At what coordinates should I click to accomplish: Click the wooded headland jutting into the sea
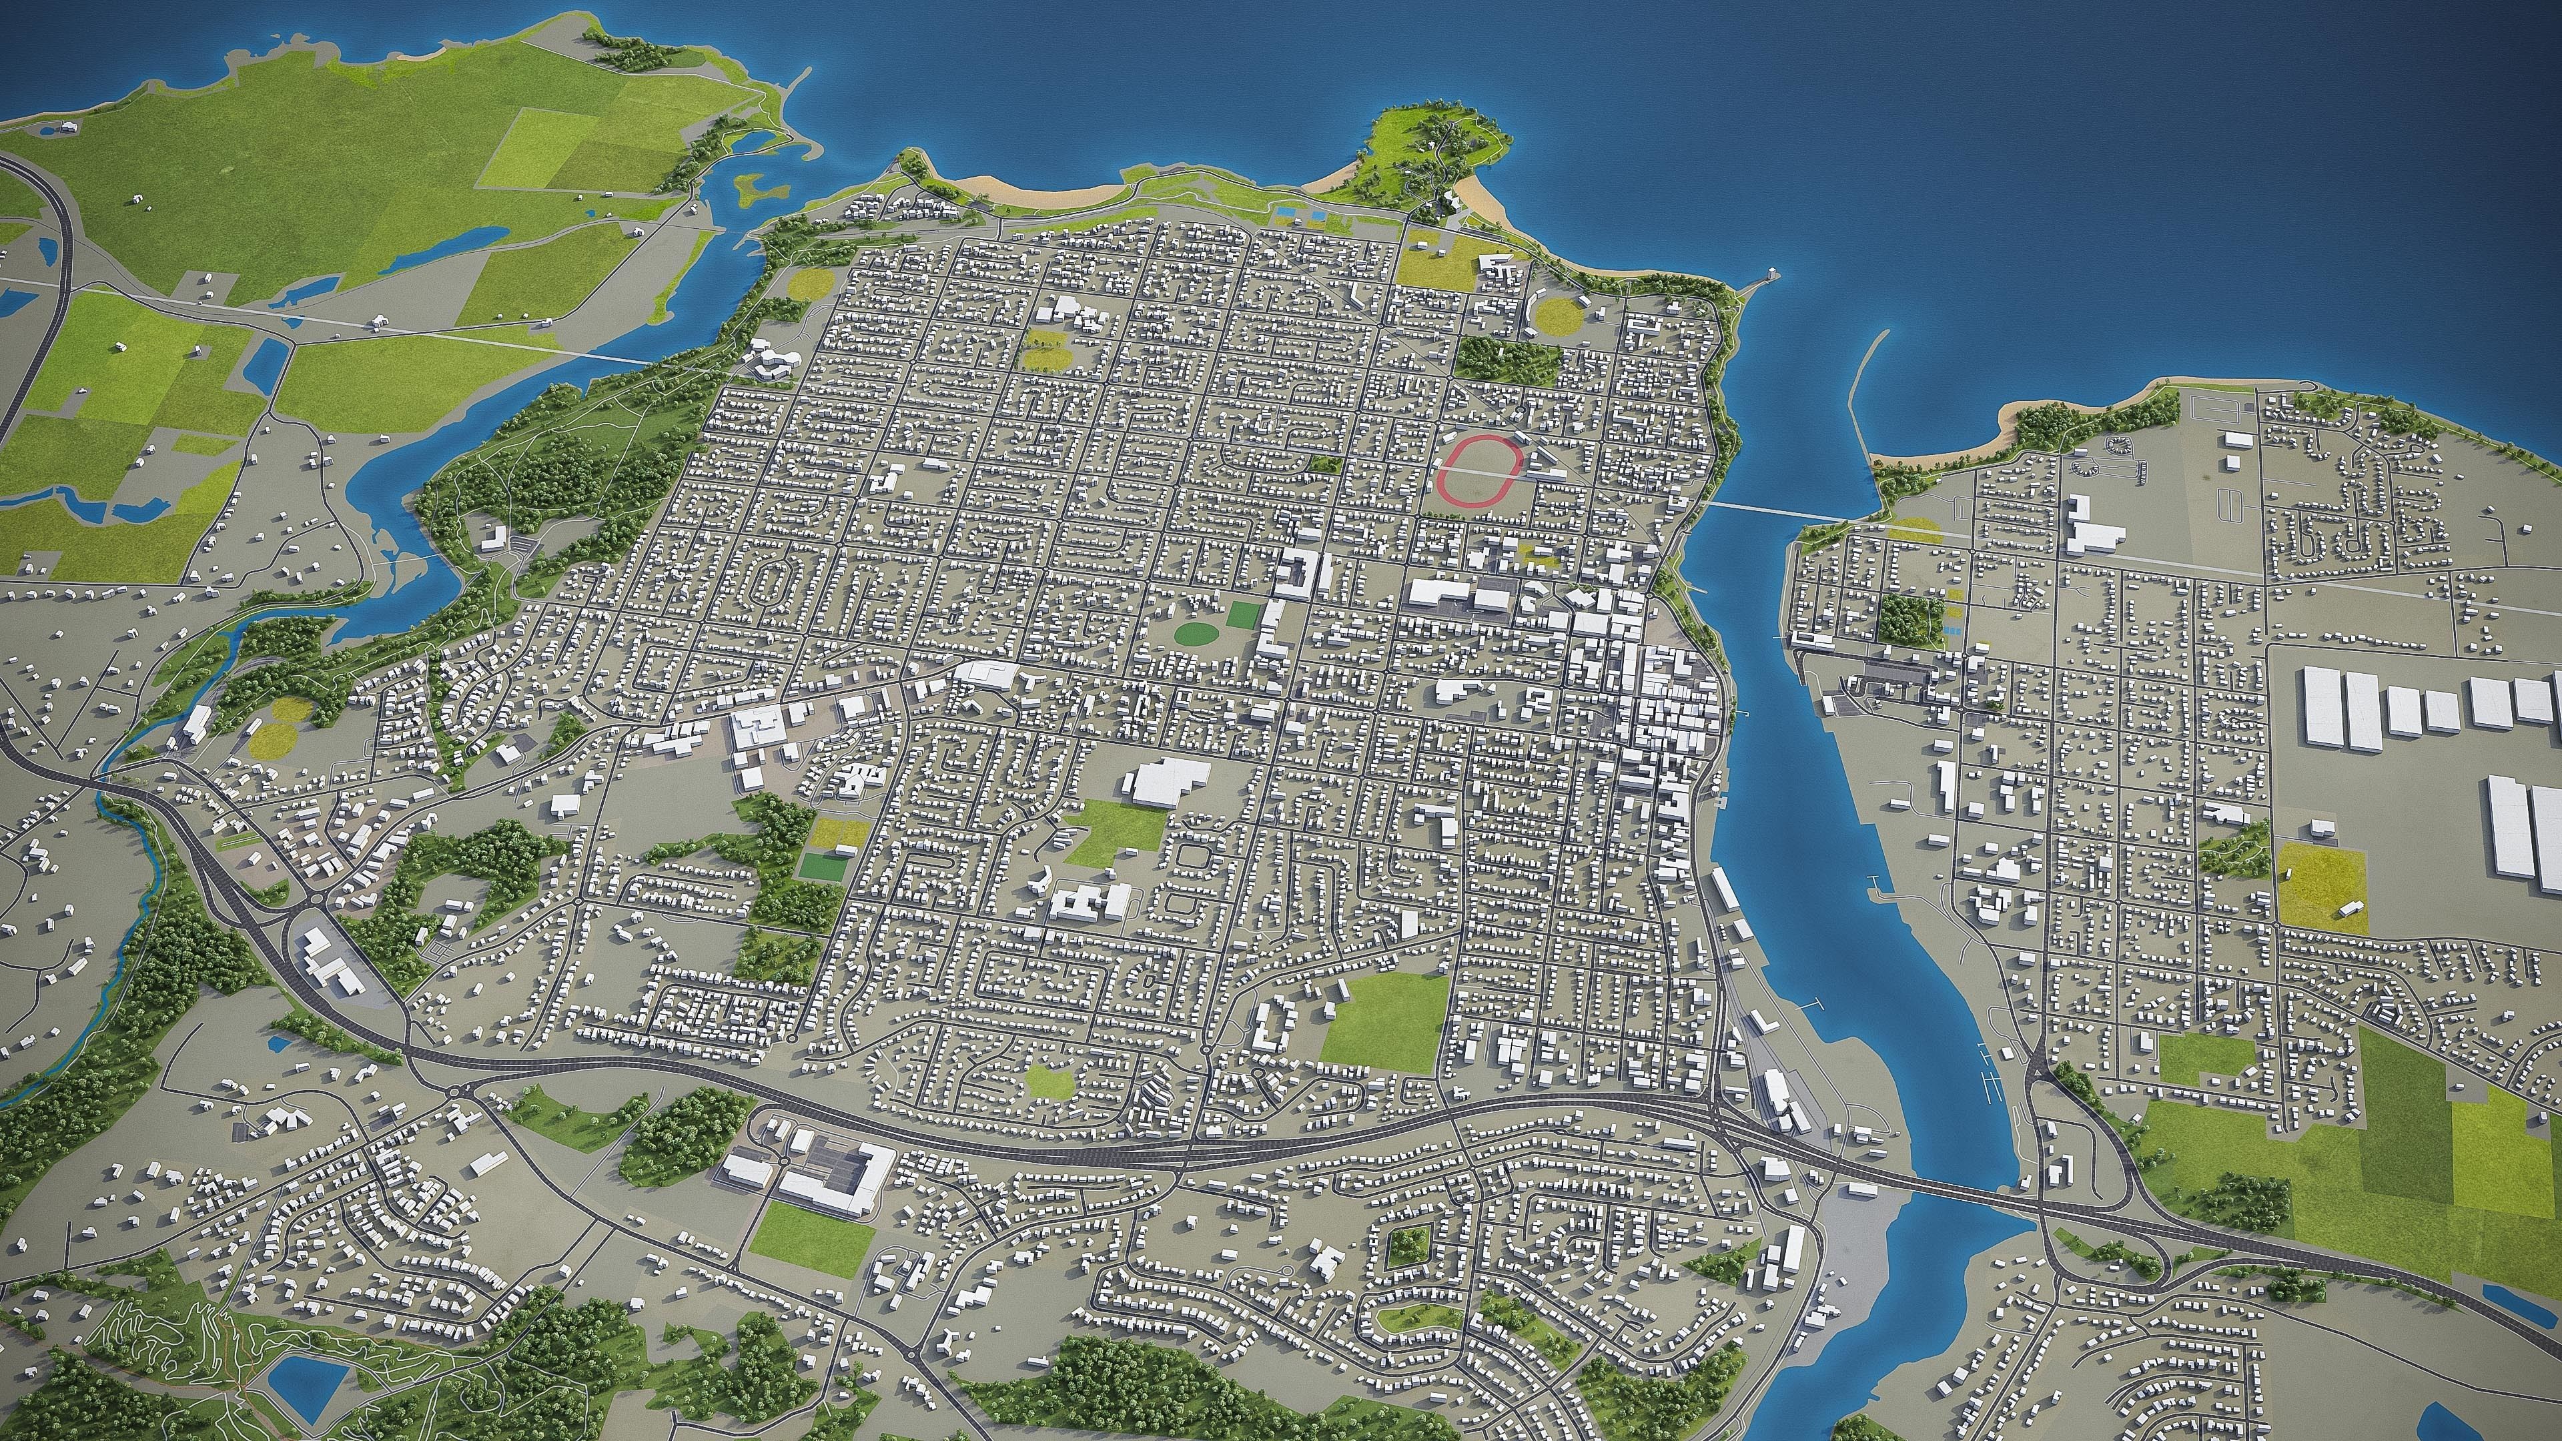pyautogui.click(x=1432, y=159)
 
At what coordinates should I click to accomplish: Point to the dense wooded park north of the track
pyautogui.click(x=1505, y=360)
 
